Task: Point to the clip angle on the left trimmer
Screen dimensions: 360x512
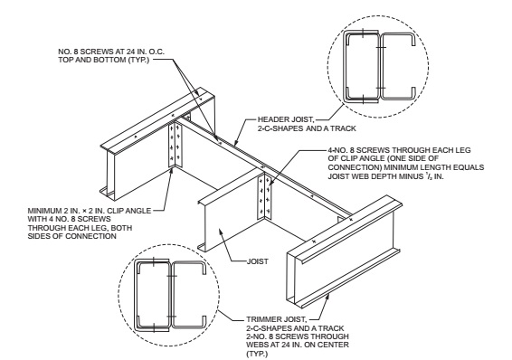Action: point(175,144)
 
